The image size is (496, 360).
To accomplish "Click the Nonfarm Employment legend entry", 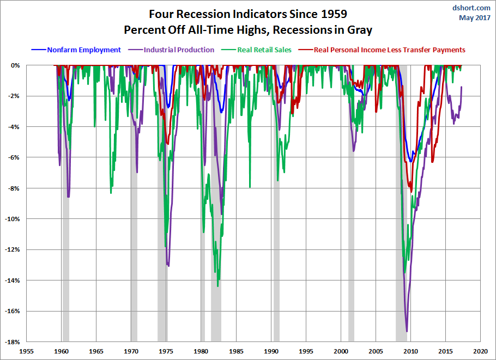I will (83, 50).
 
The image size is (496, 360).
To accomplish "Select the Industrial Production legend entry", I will (179, 50).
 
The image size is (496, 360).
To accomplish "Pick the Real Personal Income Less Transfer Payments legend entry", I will (389, 50).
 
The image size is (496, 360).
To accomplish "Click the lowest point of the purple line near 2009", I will (407, 331).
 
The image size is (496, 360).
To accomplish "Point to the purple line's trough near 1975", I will (168, 266).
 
